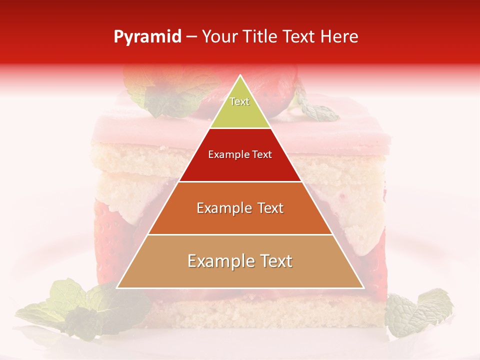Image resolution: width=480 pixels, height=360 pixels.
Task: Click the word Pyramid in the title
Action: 147,37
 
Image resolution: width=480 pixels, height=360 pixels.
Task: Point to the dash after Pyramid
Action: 191,37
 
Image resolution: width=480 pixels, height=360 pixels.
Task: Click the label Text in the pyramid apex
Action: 239,102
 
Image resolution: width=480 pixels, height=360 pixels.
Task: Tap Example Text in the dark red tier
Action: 240,154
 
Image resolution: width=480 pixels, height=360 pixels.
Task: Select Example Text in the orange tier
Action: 240,208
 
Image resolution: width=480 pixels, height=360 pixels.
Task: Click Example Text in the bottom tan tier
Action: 240,261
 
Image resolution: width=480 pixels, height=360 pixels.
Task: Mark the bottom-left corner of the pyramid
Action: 117,288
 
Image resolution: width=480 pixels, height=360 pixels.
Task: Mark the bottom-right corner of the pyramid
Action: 363,288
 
